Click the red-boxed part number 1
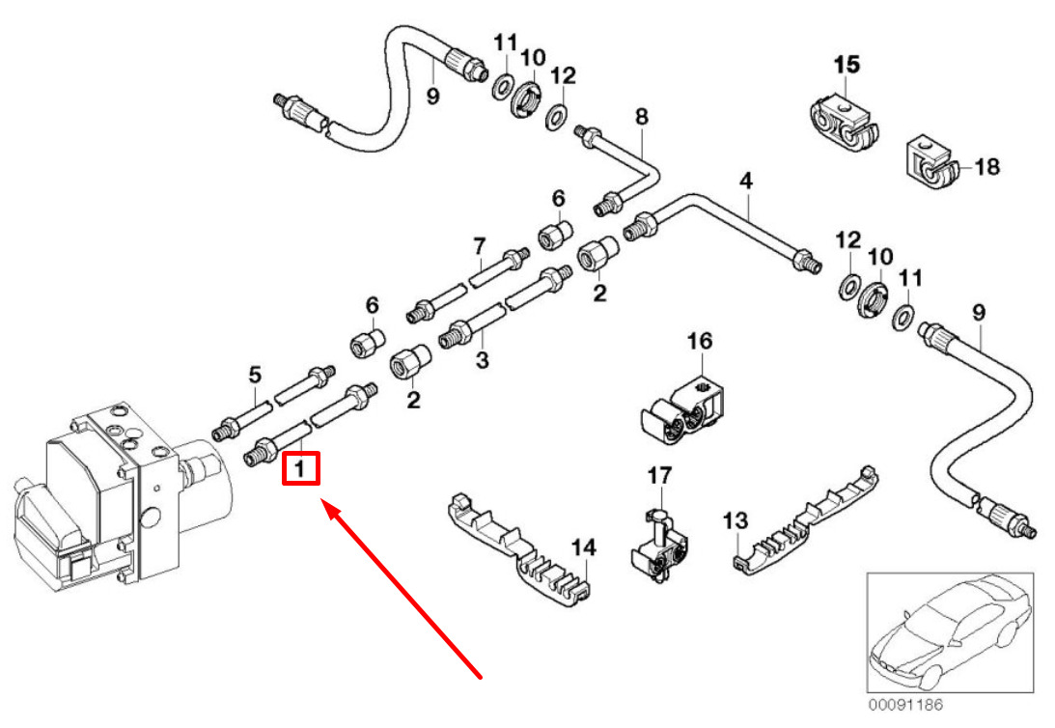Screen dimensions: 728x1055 300,470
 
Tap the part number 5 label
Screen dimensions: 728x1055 255,373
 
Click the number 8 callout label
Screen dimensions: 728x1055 642,117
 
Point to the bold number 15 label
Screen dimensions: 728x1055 846,66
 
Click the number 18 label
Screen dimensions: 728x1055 986,168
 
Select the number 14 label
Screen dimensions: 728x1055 583,548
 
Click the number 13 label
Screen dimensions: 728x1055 736,521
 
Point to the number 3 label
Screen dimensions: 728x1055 483,361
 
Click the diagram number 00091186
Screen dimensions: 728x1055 904,706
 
